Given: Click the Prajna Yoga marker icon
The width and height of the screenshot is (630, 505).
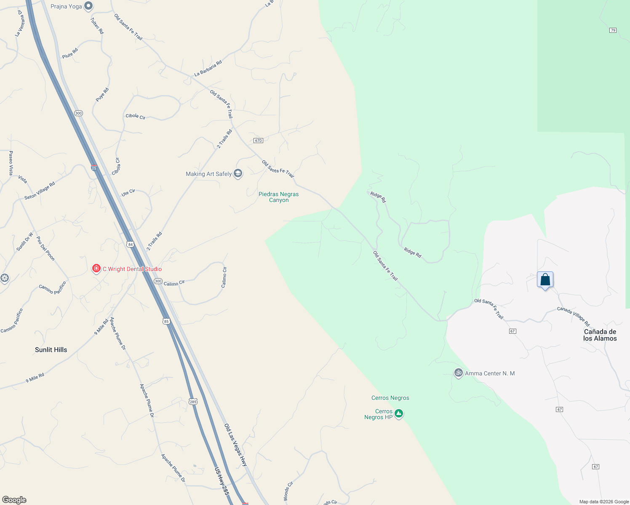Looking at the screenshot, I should [x=88, y=6].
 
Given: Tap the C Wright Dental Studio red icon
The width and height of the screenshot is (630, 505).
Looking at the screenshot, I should [x=96, y=268].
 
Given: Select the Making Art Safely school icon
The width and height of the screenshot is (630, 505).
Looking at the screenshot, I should [x=238, y=173].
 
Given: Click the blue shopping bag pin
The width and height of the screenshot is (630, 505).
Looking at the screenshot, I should [x=545, y=279].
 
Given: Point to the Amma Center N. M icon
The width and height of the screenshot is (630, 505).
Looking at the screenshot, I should [x=458, y=373].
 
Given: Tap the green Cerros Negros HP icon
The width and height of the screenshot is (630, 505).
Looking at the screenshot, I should [x=399, y=414].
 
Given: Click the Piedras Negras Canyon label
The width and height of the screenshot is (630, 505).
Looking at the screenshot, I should [x=278, y=197].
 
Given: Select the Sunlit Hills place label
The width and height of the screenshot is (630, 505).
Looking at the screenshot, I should [x=51, y=350].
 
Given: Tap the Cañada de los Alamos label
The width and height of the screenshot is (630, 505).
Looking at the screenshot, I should [x=600, y=335].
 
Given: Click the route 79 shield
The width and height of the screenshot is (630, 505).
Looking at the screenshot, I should [x=613, y=30].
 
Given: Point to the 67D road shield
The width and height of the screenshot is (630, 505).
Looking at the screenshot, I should [x=258, y=141].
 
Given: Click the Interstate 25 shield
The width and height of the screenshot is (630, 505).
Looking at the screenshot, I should [x=94, y=168].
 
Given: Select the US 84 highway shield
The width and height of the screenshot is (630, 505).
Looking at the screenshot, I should [x=131, y=245].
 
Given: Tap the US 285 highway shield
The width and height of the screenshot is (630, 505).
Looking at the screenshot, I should [x=193, y=401].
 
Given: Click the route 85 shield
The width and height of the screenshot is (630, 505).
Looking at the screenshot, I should [x=166, y=322].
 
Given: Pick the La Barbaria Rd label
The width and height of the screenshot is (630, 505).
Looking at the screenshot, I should [x=208, y=69].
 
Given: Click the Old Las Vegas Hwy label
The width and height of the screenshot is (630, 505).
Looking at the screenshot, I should [x=235, y=445].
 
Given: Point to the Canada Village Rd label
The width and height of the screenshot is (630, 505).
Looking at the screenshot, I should [x=573, y=316].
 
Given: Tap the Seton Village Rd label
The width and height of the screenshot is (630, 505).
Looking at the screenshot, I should [x=40, y=191].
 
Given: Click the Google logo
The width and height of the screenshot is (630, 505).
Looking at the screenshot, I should [x=14, y=500].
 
